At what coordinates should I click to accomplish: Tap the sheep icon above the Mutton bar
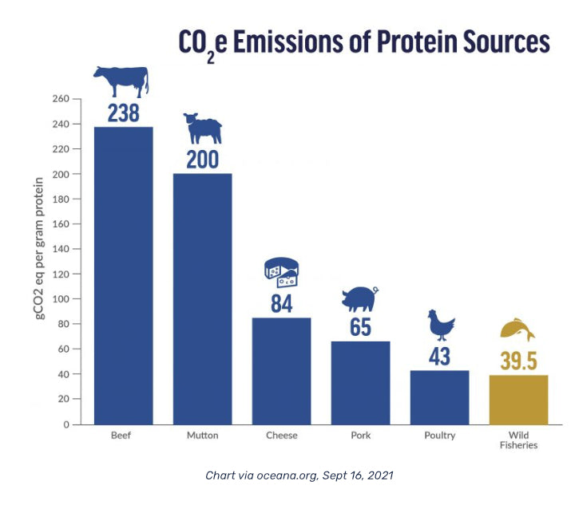[202, 127]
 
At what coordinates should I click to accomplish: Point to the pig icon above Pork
[359, 298]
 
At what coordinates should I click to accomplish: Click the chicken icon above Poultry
[441, 325]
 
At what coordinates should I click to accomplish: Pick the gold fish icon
[517, 329]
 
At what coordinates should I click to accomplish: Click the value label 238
[123, 113]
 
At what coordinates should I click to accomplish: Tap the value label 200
[202, 160]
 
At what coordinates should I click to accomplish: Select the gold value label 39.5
[518, 360]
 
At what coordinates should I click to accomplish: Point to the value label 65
[360, 327]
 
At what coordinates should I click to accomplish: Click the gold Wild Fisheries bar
[518, 399]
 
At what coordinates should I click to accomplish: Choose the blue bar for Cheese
[281, 370]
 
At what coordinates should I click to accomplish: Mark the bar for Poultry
[439, 397]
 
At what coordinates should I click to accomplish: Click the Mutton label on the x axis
[202, 436]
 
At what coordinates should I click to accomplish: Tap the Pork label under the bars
[360, 436]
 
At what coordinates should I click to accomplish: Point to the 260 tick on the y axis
[61, 99]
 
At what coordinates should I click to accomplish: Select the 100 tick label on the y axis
[61, 299]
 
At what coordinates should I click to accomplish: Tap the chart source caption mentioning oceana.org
[299, 475]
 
